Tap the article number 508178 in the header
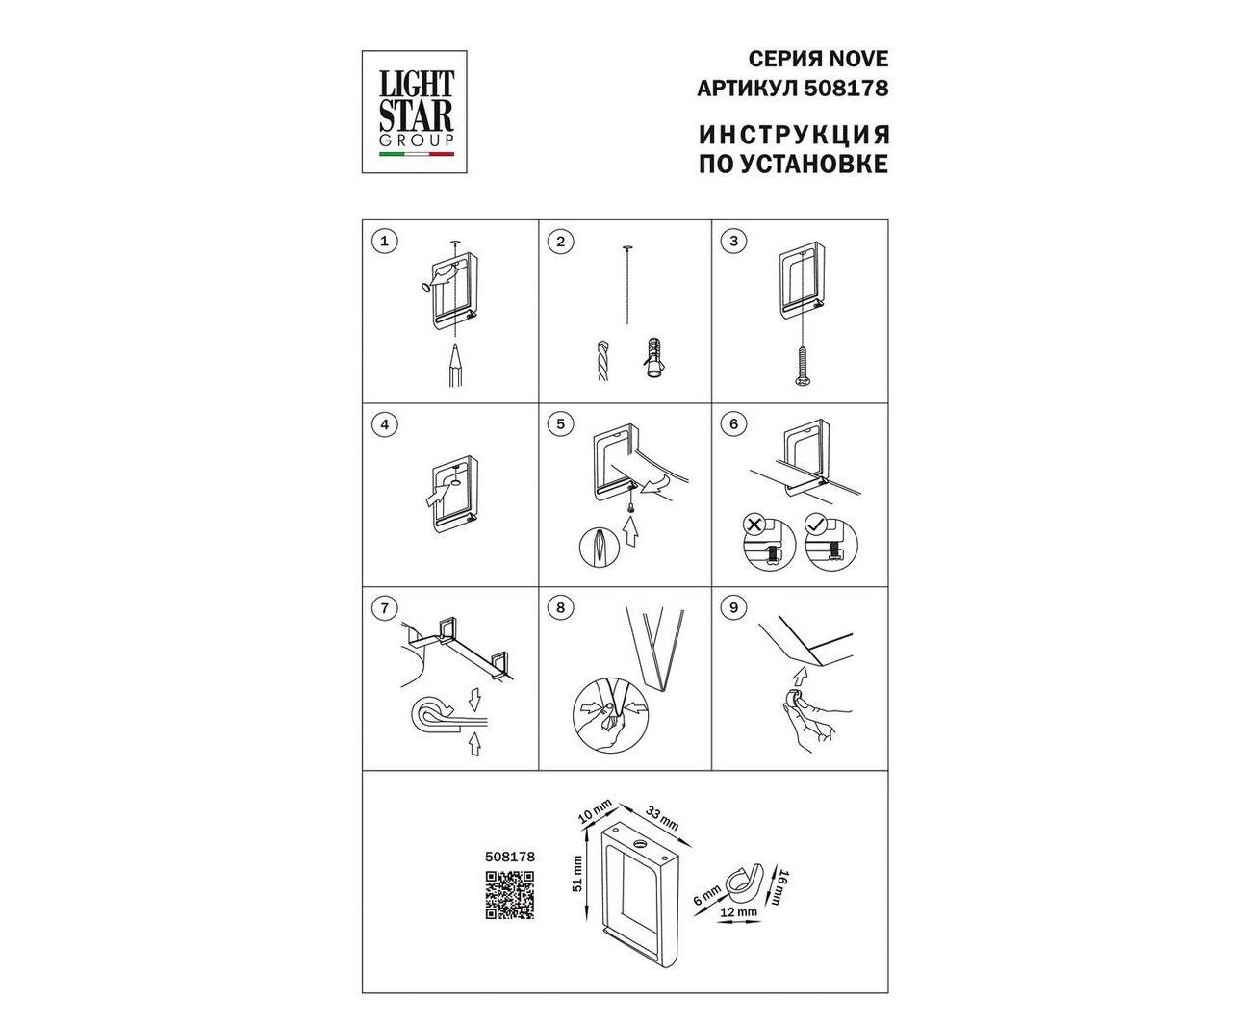point(846,89)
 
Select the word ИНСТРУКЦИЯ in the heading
point(794,135)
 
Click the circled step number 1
point(385,241)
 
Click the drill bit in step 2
point(602,360)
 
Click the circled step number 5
point(560,424)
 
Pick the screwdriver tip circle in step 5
point(599,547)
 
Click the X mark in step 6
point(754,525)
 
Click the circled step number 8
point(560,608)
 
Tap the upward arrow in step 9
point(801,675)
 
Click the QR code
point(509,895)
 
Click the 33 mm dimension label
point(662,819)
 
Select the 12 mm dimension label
point(738,910)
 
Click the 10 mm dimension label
point(595,811)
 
